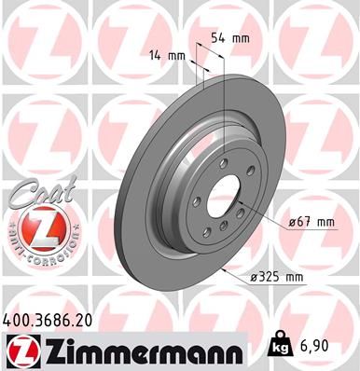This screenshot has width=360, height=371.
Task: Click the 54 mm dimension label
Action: point(228,38)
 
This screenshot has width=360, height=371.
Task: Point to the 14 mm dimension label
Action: point(169,56)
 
